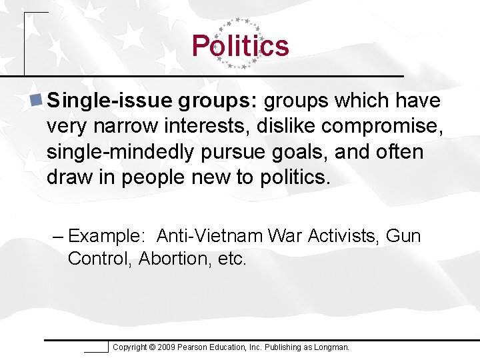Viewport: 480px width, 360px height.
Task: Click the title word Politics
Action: click(240, 46)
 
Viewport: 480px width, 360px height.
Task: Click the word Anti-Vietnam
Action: click(210, 236)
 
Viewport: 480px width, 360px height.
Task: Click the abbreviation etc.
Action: click(233, 259)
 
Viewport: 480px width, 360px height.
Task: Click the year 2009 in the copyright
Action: click(166, 347)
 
